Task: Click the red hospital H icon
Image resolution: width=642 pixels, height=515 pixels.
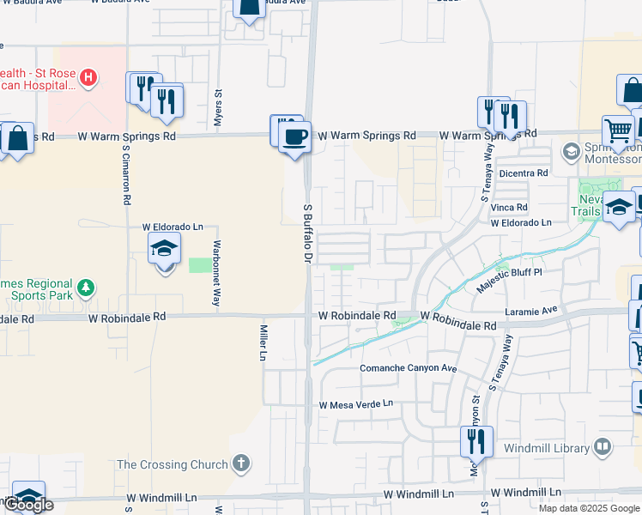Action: point(87,78)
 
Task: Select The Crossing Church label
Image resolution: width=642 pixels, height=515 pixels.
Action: point(173,464)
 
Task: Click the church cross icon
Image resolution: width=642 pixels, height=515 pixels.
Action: point(241,463)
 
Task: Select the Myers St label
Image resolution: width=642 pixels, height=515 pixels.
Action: point(218,108)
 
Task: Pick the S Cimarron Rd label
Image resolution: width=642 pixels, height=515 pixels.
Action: point(125,173)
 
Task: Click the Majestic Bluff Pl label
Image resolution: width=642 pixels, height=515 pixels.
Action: point(510,272)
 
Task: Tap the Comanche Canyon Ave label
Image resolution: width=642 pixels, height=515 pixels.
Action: point(408,368)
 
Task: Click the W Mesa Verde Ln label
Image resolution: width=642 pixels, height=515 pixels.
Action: point(355,403)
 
